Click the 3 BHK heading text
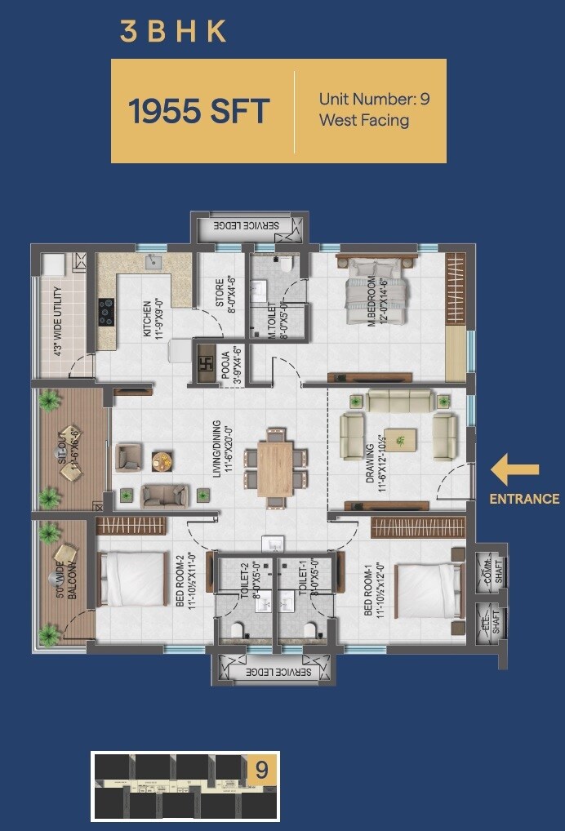click(x=172, y=31)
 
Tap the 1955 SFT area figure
click(x=198, y=111)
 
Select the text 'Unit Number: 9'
click(x=374, y=100)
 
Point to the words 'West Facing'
click(x=363, y=121)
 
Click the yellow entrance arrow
click(x=514, y=469)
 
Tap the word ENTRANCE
click(x=524, y=499)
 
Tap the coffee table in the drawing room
click(x=400, y=439)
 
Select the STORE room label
click(x=220, y=294)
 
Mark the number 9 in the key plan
click(x=261, y=770)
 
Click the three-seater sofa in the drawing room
click(x=400, y=400)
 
